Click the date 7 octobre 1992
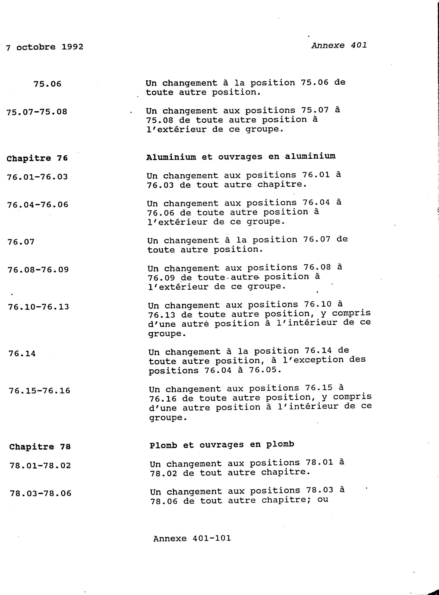tap(45, 47)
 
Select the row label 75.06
tap(47, 84)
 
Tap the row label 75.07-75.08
tap(37, 112)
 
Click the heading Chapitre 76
tap(37, 158)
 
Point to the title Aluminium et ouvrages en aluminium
tap(241, 157)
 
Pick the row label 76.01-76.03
tap(38, 177)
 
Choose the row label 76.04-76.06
tap(38, 205)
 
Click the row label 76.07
tap(21, 242)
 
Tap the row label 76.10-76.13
tap(38, 307)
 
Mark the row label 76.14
tap(22, 354)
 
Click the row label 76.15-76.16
tap(40, 391)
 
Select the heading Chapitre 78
tap(40, 447)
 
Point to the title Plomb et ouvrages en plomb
tap(222, 445)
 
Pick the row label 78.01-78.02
tap(40, 466)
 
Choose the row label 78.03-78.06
tap(41, 493)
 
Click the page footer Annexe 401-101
tap(192, 539)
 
